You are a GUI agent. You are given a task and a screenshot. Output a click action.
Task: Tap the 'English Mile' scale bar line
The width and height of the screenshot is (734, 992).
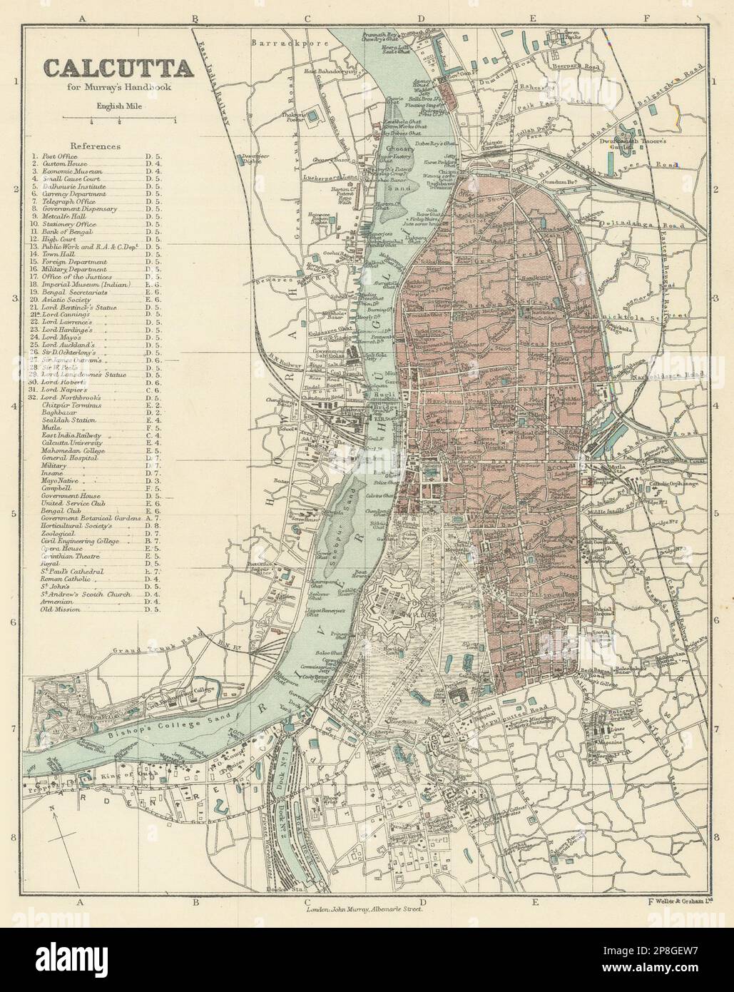pos(120,117)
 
